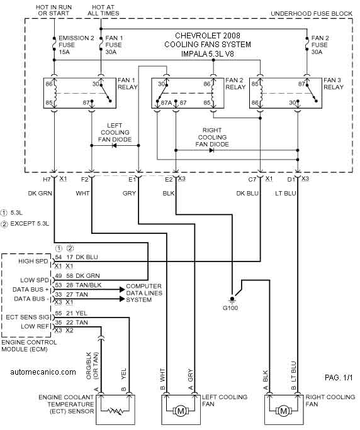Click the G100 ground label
[230, 308]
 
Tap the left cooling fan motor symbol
[181, 411]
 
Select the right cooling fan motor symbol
[283, 411]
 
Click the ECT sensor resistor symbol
[115, 411]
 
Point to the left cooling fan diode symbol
[115, 145]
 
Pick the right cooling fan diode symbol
[211, 150]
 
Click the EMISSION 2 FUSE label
[76, 45]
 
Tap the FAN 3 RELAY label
[334, 84]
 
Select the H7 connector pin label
[47, 179]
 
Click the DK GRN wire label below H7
[40, 194]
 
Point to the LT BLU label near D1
[286, 194]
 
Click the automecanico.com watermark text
[43, 372]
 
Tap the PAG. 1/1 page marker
[339, 378]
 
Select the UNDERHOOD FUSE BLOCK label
[312, 13]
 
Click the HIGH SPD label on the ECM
[33, 261]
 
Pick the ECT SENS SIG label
[28, 317]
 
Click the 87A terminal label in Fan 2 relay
[166, 103]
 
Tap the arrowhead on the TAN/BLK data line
[123, 289]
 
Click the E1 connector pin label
[132, 179]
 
